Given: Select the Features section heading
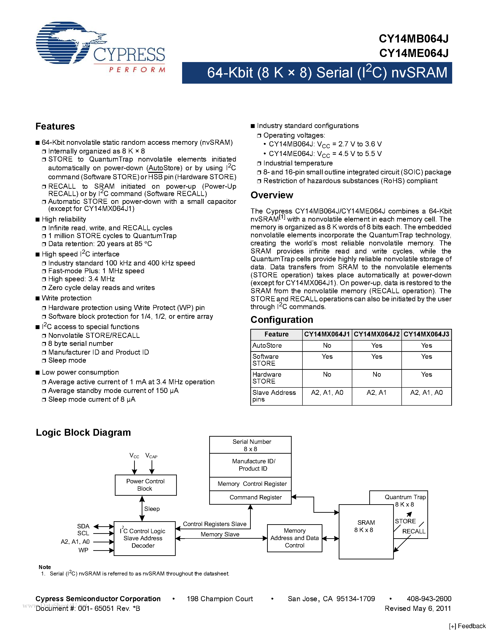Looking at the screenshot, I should click(x=55, y=126).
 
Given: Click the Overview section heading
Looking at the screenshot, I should click(x=272, y=195).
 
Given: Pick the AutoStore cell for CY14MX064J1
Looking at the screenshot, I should click(x=327, y=345).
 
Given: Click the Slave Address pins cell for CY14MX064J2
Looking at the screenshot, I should click(x=376, y=393).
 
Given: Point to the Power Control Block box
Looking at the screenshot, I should click(x=145, y=485).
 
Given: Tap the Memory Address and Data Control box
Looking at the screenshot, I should click(x=295, y=538).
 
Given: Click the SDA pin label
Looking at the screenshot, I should click(x=83, y=526).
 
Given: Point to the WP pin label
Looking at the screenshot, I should click(x=83, y=550).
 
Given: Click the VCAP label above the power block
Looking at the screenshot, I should click(x=151, y=456).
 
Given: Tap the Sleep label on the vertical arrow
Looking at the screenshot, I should click(x=152, y=509).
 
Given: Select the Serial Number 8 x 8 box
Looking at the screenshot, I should click(x=250, y=445).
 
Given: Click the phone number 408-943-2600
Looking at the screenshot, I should click(x=429, y=599).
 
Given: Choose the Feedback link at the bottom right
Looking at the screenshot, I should click(x=468, y=626).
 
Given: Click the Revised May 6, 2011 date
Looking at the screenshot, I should click(x=418, y=608).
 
